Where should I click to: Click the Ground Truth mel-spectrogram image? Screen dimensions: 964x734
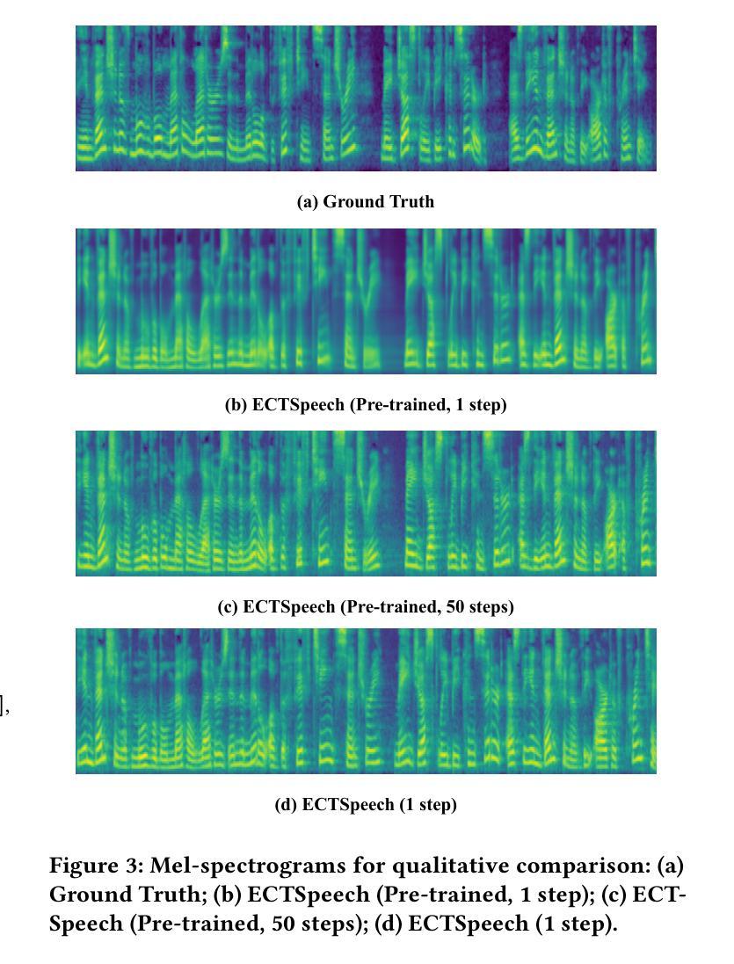(x=366, y=98)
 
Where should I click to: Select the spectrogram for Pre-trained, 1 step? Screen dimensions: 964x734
(x=366, y=301)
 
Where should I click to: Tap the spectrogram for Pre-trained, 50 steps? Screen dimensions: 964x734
(x=366, y=503)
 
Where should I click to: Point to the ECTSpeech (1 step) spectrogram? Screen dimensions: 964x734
(x=366, y=700)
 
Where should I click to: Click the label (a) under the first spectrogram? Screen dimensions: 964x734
(x=308, y=202)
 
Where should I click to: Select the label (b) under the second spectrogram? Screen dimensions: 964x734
(x=236, y=405)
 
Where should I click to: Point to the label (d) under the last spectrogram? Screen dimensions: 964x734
(x=286, y=805)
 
